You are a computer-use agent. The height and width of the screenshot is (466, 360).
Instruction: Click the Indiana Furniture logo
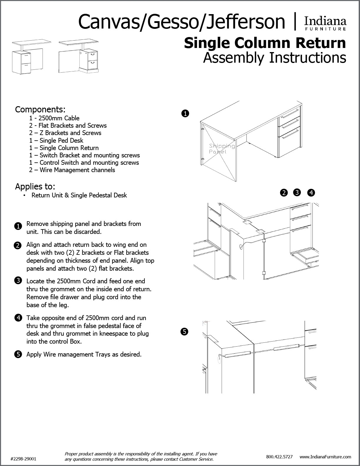[325, 23]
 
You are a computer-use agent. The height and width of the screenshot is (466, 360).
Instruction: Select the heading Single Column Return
[265, 43]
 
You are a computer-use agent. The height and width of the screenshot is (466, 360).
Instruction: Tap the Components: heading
[40, 109]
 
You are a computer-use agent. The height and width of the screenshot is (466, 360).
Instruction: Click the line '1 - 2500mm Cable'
[54, 118]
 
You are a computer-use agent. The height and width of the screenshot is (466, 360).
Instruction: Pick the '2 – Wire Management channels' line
[72, 170]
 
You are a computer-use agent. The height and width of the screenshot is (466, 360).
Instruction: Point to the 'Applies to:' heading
[35, 187]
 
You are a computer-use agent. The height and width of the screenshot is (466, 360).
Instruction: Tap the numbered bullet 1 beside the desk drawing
[185, 114]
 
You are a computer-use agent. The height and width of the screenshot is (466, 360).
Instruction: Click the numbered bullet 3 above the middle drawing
[297, 192]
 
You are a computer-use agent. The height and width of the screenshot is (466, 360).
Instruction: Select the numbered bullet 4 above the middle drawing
[311, 193]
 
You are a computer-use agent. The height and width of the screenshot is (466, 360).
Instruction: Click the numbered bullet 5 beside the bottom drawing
[184, 332]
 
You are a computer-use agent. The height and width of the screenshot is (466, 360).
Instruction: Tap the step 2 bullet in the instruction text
[18, 245]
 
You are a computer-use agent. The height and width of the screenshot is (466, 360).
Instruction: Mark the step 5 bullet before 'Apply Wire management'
[18, 355]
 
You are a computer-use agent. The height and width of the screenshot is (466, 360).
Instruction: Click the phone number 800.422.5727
[279, 457]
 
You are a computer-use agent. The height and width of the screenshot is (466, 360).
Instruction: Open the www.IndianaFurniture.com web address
[325, 457]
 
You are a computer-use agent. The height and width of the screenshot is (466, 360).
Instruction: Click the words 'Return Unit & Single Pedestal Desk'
[79, 195]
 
